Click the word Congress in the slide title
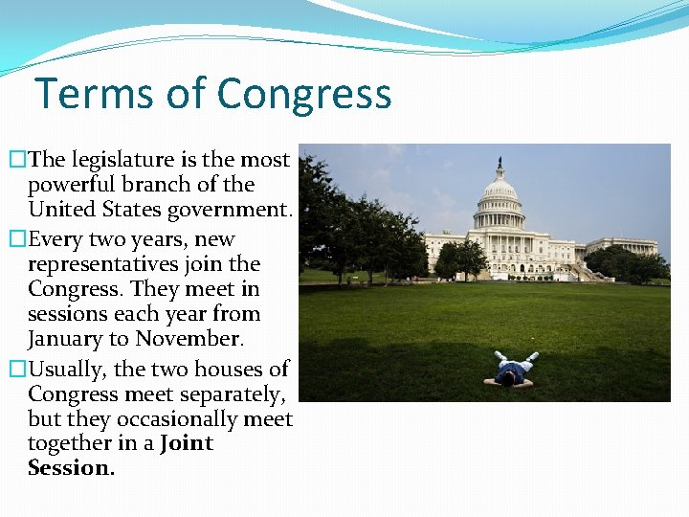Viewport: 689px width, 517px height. (x=304, y=95)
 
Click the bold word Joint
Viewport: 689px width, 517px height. (x=187, y=443)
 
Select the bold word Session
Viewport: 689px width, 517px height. (x=71, y=468)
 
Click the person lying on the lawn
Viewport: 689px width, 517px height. (x=509, y=371)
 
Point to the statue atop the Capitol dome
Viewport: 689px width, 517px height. (x=499, y=163)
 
